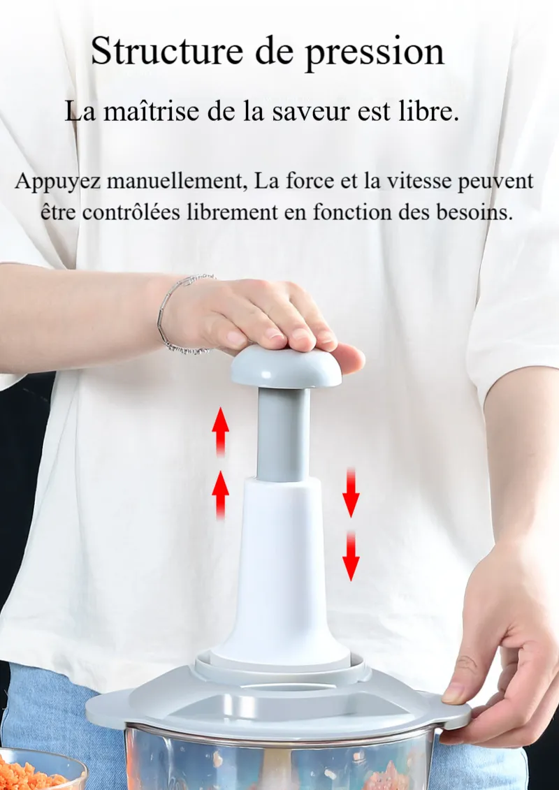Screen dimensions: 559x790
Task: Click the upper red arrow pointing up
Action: (220, 432)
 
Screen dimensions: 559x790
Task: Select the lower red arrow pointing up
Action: (220, 495)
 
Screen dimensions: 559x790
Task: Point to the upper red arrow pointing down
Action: (351, 492)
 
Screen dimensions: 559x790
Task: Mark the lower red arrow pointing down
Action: (351, 556)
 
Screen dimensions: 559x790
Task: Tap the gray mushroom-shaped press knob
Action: (286, 366)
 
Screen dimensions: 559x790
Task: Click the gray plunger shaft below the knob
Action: (283, 434)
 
